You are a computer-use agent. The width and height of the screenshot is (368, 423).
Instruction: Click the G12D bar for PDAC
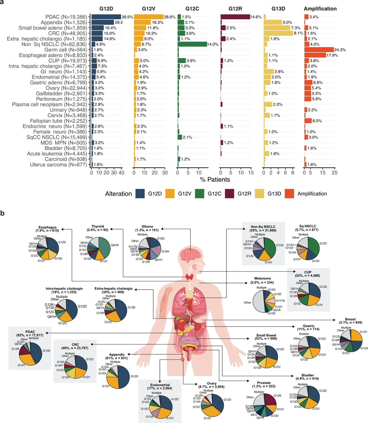[106, 17]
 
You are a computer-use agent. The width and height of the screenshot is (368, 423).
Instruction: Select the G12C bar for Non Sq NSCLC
[192, 44]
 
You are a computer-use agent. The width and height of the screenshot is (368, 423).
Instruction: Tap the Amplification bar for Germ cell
[319, 49]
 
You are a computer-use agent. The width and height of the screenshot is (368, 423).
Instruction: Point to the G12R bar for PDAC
[235, 17]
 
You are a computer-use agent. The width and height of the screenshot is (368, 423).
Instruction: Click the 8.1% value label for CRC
[298, 33]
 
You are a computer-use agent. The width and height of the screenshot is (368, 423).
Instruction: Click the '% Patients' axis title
[215, 180]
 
